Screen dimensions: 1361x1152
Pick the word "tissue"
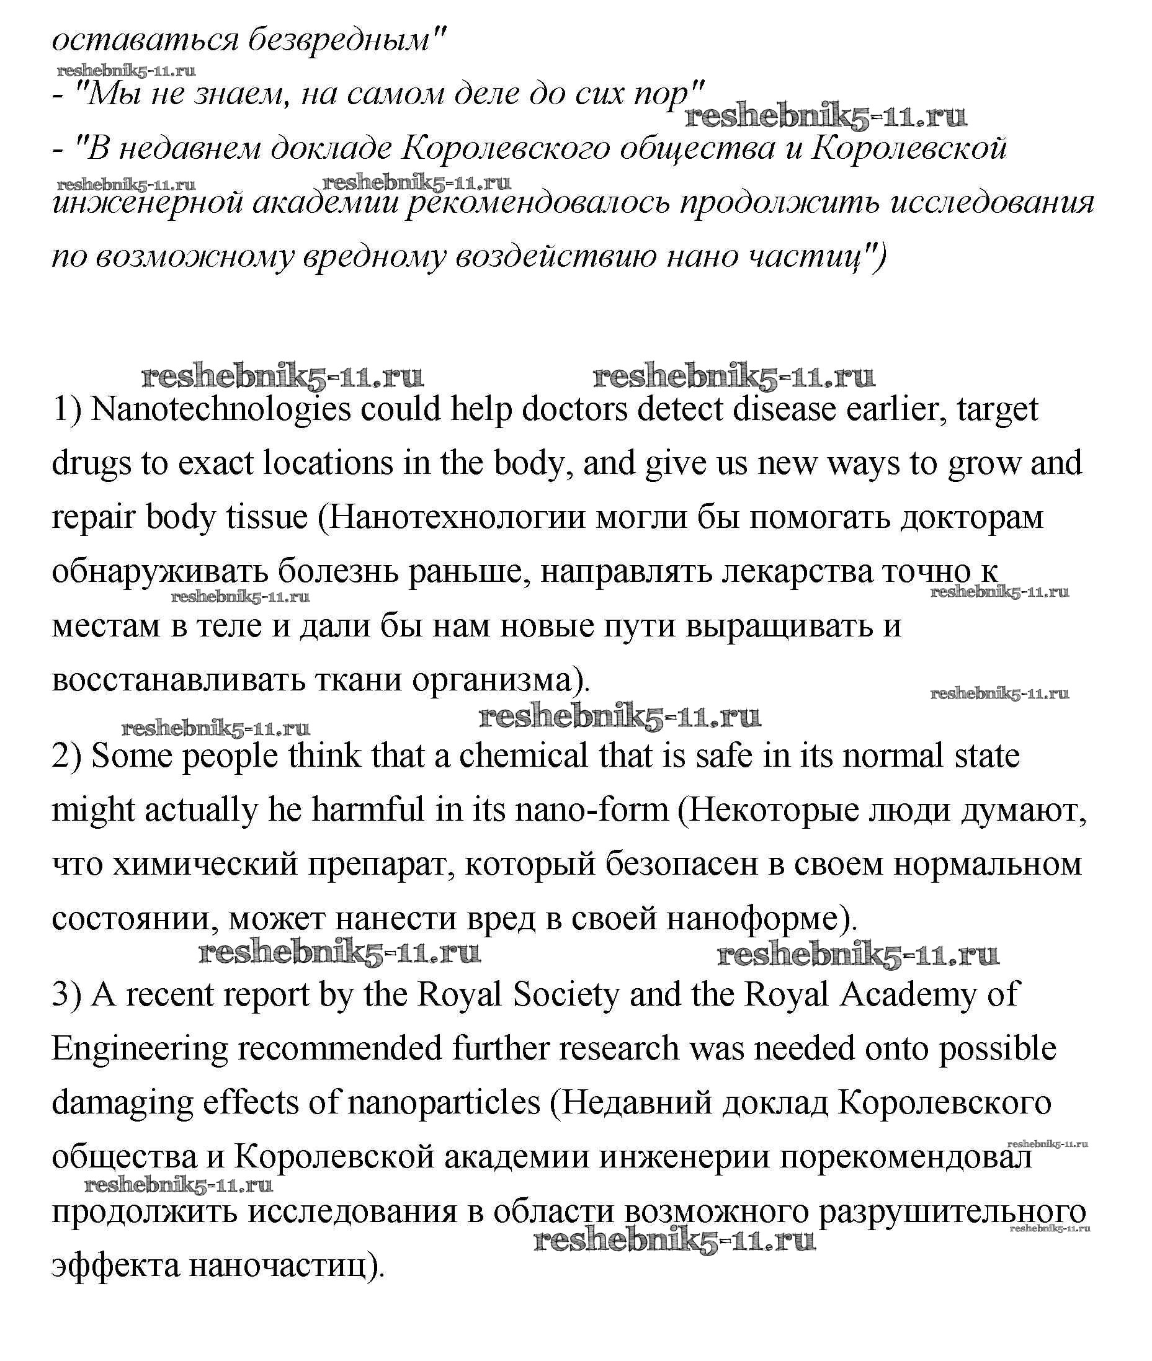(x=267, y=518)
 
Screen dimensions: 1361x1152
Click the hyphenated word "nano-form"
(x=592, y=811)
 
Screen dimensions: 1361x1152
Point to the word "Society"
(x=566, y=994)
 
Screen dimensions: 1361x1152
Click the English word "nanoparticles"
(x=444, y=1103)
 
